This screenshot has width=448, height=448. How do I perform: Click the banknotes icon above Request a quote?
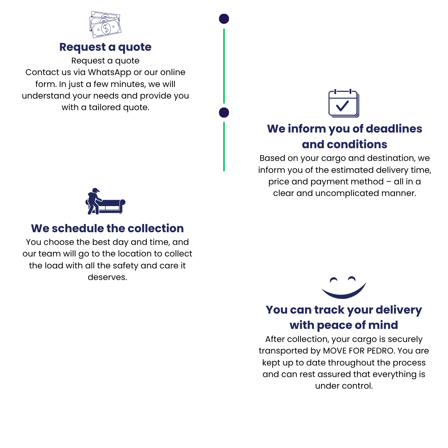pos(105,25)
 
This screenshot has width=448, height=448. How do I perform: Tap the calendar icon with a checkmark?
pos(343,103)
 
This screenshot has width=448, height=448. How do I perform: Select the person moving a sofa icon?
pos(105,202)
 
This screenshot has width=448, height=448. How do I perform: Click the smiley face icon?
pos(343,287)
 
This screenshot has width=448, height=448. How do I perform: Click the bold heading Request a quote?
pos(105,47)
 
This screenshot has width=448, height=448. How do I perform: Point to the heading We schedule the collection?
pos(108,228)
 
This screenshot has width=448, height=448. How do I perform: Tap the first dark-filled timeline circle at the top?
pos(224,19)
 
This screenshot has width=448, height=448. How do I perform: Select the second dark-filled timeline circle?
pos(224,112)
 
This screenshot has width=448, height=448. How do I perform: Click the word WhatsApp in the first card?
pos(110,72)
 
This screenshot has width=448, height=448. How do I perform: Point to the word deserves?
pos(107,277)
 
